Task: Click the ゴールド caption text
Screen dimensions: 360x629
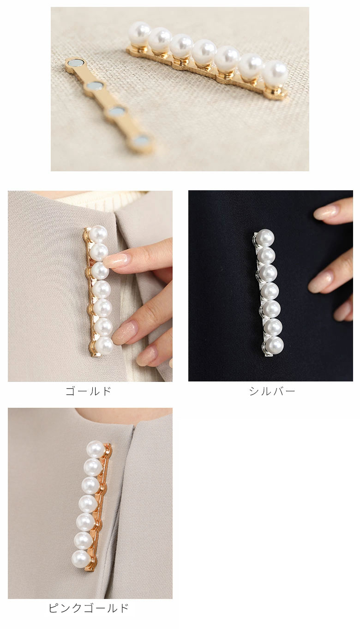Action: click(x=89, y=391)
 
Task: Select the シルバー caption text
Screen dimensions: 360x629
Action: click(x=272, y=391)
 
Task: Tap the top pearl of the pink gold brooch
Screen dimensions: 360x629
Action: click(x=96, y=449)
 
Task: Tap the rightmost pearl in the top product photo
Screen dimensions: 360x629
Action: click(x=276, y=72)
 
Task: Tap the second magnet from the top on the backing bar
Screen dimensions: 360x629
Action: click(x=94, y=85)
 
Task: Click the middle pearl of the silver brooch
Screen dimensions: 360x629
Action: click(x=270, y=291)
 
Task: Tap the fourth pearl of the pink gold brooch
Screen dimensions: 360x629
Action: click(x=88, y=504)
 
